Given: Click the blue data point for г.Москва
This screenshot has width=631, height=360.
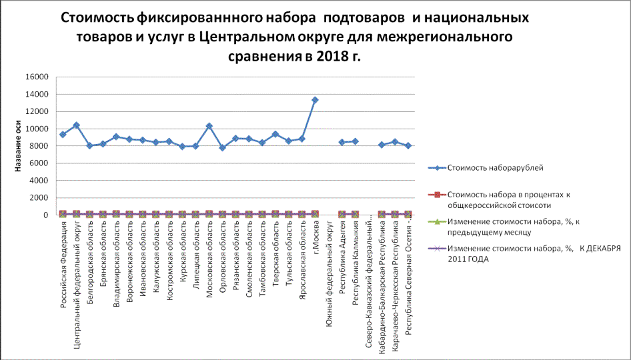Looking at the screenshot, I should pos(315,100).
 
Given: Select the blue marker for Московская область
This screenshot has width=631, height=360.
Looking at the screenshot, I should pos(209,126).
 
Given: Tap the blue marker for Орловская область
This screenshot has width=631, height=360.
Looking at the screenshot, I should pos(222,147).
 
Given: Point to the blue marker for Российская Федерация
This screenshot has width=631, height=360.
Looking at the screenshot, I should pos(63,135).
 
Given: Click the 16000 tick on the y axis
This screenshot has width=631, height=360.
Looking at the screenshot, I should pos(37,77).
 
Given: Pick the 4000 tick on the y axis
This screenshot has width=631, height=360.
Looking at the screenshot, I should pos(40,181).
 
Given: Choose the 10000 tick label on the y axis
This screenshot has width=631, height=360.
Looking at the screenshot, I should pos(37,129).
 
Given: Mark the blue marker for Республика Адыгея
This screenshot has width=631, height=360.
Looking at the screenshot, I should pos(342,142).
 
